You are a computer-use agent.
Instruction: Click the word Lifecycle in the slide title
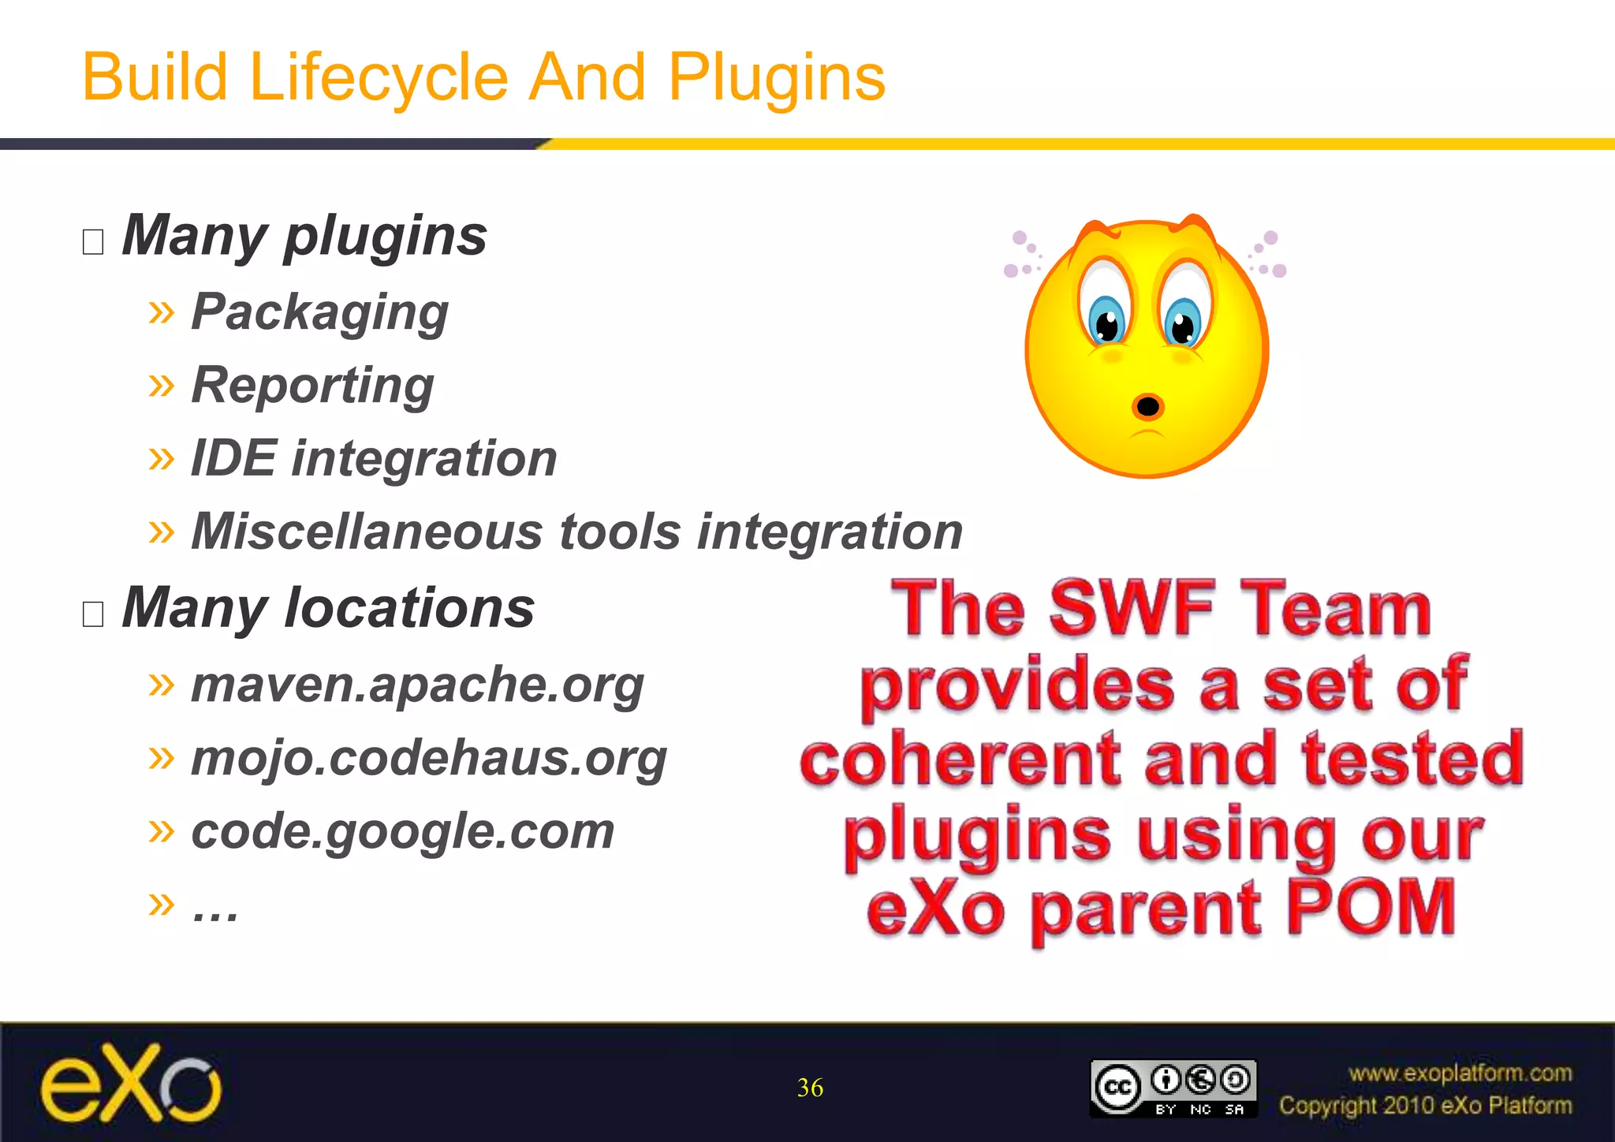click(379, 78)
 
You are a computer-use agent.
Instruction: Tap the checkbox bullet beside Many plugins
click(93, 241)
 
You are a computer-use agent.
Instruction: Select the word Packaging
click(319, 312)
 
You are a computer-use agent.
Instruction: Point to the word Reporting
click(312, 386)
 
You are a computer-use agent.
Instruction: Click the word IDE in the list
click(233, 458)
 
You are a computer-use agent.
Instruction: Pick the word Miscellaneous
click(367, 532)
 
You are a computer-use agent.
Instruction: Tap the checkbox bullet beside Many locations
click(93, 614)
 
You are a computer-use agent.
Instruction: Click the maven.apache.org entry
click(417, 685)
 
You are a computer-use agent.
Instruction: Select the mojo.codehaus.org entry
click(429, 758)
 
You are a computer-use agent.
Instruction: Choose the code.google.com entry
click(402, 831)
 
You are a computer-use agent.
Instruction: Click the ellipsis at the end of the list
click(215, 911)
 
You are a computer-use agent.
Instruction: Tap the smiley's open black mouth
click(1148, 406)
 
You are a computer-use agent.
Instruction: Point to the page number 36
click(810, 1088)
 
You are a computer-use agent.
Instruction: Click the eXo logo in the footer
click(131, 1084)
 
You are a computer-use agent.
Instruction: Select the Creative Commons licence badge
click(1173, 1088)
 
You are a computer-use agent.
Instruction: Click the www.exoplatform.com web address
click(1460, 1073)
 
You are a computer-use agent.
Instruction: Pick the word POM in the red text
click(1371, 909)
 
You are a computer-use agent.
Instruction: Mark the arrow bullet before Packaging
click(161, 312)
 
